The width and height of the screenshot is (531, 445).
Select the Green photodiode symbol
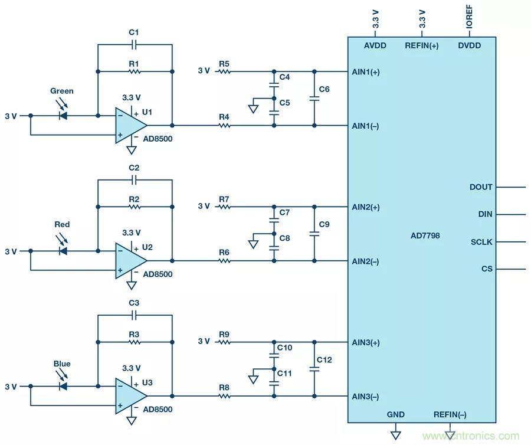(63, 116)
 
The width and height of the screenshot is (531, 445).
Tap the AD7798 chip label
(425, 235)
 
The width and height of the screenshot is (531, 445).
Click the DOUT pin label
(481, 187)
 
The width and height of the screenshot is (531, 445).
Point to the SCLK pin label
(481, 242)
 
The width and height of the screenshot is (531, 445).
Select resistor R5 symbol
(224, 71)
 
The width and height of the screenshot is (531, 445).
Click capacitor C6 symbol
(314, 99)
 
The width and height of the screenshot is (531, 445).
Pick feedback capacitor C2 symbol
(135, 179)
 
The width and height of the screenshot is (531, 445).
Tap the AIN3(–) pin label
(366, 396)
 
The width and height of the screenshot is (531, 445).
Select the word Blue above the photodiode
(62, 364)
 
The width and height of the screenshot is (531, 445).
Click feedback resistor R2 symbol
(135, 207)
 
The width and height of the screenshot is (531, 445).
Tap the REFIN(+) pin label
(421, 46)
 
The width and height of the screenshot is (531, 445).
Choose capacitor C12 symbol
(314, 369)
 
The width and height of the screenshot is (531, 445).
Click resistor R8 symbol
(224, 396)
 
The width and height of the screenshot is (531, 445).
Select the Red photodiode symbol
(63, 251)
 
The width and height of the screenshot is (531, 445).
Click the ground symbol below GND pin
(395, 435)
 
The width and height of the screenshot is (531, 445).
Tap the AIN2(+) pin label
(366, 207)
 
